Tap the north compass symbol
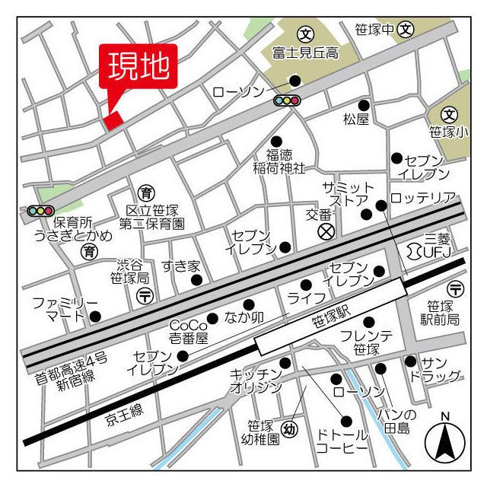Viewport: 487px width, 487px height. (x=445, y=440)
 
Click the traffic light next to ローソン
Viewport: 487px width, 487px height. (x=287, y=100)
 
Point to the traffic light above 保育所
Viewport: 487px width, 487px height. (x=40, y=210)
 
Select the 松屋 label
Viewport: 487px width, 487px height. (x=355, y=119)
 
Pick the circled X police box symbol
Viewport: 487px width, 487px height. (x=326, y=231)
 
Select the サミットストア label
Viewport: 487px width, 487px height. (x=349, y=195)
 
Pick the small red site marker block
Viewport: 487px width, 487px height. (x=113, y=120)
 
